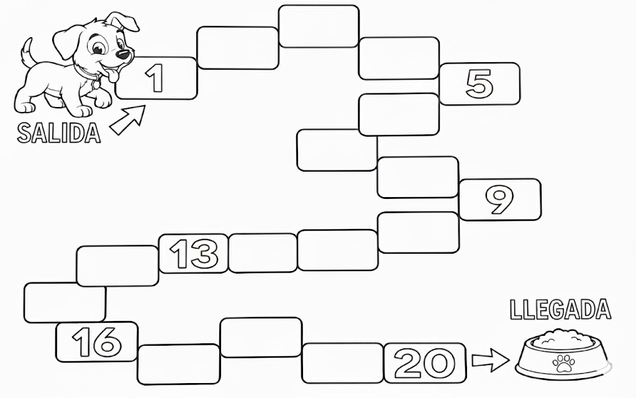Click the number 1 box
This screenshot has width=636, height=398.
point(156,78)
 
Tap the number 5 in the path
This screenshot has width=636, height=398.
point(479,83)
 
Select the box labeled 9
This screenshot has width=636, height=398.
point(499,200)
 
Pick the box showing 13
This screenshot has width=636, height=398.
point(194,253)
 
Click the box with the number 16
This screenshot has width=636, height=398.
point(97,341)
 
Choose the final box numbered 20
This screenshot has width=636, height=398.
point(425,361)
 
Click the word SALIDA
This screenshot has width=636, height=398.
point(59,133)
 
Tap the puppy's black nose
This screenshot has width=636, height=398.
point(124,55)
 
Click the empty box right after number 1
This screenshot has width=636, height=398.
point(237,48)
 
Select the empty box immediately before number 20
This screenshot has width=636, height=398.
point(342,363)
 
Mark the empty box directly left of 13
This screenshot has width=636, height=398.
point(117,266)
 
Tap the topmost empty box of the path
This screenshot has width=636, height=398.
point(319,26)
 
